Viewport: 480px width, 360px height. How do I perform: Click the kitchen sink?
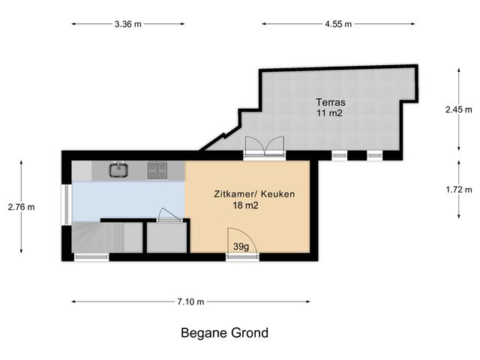pos(118,170)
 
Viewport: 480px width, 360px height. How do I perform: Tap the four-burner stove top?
pos(157,170)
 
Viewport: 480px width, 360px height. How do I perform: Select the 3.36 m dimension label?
pos(128,24)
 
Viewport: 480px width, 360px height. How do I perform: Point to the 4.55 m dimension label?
pos(338,24)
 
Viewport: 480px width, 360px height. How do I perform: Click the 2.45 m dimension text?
pos(458,109)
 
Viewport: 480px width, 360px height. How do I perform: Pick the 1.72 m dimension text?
pos(458,190)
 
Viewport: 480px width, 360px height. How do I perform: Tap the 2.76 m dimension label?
pos(22,207)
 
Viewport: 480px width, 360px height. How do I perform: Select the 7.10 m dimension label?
pos(190,301)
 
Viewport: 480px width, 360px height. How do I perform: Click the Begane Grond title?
pos(225,333)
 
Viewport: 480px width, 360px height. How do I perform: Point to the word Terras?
pos(331,102)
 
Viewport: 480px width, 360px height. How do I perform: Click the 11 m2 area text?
pos(330,113)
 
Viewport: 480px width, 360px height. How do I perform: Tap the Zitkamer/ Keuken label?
pos(254,194)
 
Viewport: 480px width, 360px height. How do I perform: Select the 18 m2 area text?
pos(245,205)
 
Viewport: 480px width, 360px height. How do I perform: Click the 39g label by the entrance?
pos(241,247)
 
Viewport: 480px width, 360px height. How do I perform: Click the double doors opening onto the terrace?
pos(265,146)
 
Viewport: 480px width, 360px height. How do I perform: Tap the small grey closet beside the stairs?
pos(166,238)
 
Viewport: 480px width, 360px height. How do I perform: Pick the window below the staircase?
pos(91,257)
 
